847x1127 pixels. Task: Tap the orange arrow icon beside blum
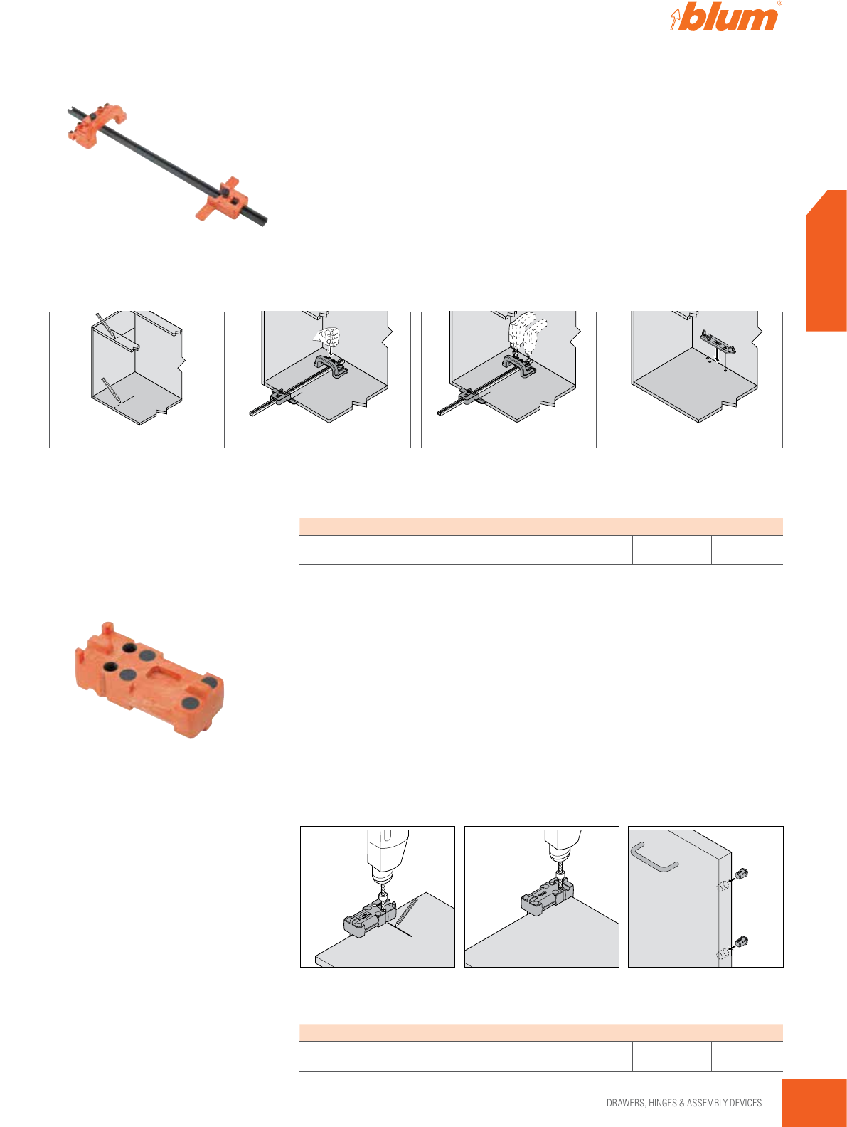point(675,19)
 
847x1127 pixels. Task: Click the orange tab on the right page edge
point(826,260)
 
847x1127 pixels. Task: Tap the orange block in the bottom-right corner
point(815,1102)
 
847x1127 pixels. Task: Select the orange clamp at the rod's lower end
point(222,199)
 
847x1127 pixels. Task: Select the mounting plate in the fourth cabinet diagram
point(718,342)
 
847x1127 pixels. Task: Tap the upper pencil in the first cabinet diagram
point(106,326)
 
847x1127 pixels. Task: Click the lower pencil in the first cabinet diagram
point(111,389)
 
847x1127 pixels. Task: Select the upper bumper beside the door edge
point(740,874)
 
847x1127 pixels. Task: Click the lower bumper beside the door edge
point(740,942)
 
